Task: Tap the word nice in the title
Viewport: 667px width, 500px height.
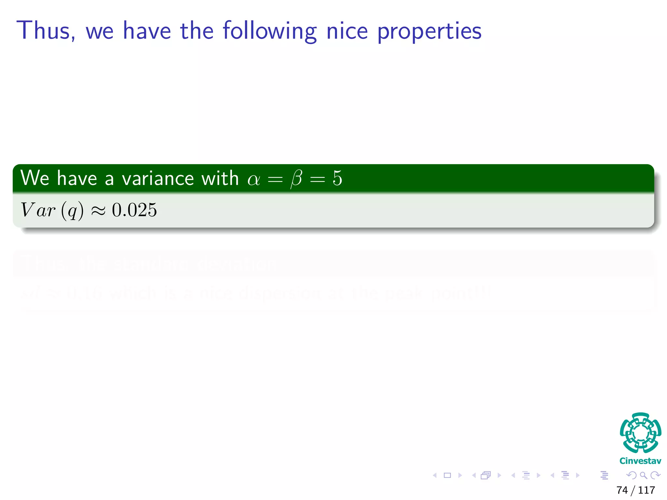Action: coord(347,31)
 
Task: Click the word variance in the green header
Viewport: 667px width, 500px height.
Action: coord(157,178)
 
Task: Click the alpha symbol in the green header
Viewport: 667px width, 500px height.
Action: coord(254,179)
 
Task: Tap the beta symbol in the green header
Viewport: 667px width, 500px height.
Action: coord(296,179)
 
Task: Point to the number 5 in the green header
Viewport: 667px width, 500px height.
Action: coord(337,178)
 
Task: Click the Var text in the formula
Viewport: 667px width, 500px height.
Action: coord(38,210)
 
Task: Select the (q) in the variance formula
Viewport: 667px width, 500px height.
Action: coord(72,210)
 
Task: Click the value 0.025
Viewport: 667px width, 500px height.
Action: coord(134,210)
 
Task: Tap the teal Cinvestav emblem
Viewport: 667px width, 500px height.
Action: coord(640,433)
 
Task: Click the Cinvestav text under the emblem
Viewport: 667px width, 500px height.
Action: coord(640,461)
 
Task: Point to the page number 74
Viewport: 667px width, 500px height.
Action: coord(622,490)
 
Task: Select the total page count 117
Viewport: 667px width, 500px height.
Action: coord(646,490)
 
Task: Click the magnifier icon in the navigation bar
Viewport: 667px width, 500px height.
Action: coord(643,475)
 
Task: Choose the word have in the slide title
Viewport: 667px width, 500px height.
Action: coord(147,31)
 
